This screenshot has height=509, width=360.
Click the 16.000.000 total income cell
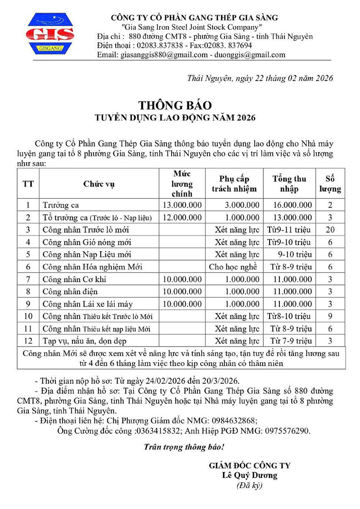tap(292, 205)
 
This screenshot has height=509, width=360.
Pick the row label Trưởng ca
tap(61, 205)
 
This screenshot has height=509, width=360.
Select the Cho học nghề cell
tap(234, 267)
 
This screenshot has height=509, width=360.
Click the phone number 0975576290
tap(287, 431)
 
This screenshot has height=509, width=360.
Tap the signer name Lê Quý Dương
tap(249, 475)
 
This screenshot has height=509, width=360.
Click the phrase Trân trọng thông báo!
tap(183, 447)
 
